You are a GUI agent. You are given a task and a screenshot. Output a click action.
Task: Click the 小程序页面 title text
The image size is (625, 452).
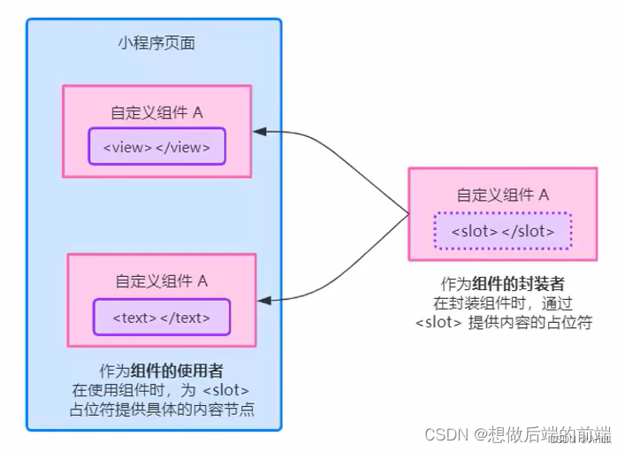point(156,42)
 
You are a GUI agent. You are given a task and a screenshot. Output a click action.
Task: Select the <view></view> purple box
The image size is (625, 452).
point(156,147)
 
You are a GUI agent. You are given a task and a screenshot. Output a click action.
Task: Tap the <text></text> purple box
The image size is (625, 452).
point(161,317)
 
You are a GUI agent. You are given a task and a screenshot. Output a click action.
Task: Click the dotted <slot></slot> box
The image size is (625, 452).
point(502,231)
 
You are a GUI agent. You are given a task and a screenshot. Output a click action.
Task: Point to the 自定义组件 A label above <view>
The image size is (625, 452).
point(156,112)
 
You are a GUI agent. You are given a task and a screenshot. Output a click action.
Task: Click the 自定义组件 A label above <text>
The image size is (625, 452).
point(161,281)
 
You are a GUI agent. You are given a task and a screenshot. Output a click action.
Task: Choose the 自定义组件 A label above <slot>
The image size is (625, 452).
point(502,195)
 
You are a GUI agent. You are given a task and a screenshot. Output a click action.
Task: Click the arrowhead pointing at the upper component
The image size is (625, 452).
point(259,132)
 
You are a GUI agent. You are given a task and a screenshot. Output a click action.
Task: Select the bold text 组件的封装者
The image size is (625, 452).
point(517,284)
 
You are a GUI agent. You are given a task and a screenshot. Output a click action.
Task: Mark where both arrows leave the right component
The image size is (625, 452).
point(409,214)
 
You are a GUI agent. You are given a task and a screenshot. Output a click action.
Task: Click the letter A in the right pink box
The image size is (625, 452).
point(544,195)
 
